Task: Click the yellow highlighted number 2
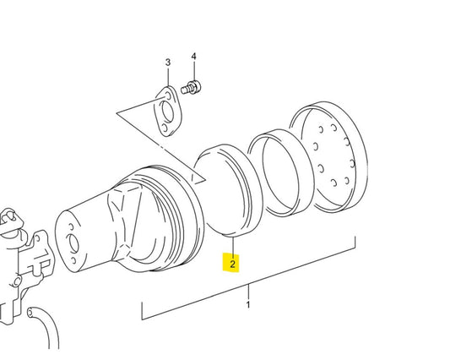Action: tap(232, 264)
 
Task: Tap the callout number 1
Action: tap(248, 305)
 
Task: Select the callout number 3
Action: tap(168, 63)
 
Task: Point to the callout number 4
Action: tap(194, 57)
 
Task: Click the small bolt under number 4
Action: tap(191, 87)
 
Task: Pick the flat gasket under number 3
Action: tap(168, 112)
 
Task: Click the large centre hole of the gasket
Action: tap(167, 112)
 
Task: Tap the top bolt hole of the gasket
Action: tap(168, 95)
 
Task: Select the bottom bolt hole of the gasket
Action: tap(164, 128)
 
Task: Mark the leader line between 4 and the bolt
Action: tap(194, 71)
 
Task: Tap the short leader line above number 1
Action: tap(248, 292)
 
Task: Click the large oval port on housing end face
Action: tap(73, 244)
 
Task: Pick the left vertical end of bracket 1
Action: tap(142, 311)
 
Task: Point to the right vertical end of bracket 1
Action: tap(355, 243)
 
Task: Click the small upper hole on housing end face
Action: tap(71, 227)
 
